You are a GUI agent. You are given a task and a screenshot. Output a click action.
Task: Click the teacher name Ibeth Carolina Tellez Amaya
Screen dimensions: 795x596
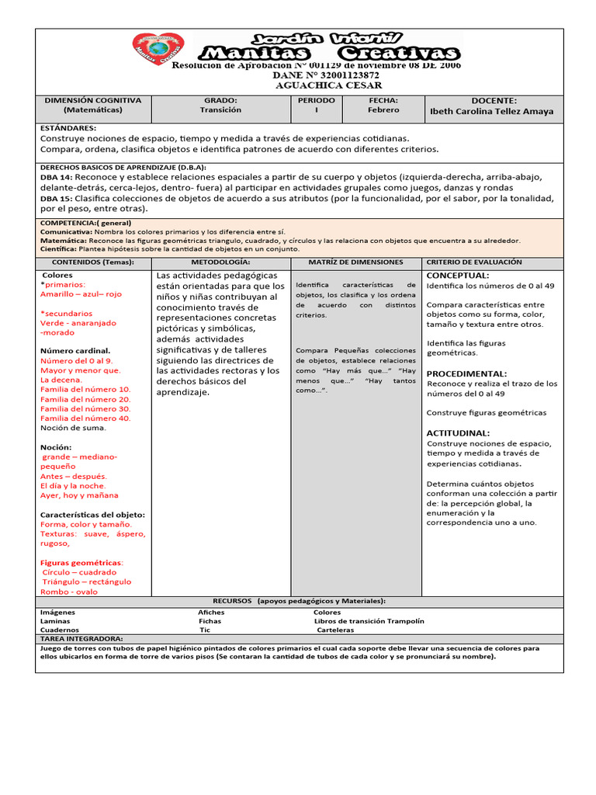tap(492, 111)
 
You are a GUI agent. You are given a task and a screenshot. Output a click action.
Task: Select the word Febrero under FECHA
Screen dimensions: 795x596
tap(383, 110)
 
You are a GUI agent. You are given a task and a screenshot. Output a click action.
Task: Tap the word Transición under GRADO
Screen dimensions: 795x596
tap(220, 110)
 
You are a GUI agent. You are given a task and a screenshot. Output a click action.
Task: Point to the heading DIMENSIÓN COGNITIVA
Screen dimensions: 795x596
tap(92, 100)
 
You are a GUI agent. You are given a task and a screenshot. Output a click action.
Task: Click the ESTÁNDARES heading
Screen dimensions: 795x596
tap(68, 127)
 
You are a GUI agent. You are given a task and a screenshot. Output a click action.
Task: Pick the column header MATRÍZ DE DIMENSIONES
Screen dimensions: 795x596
tap(355, 262)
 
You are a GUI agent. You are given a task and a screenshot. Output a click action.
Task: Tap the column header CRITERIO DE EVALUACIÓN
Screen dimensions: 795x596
tap(474, 262)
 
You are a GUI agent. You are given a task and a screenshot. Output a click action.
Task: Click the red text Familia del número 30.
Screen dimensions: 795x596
tap(85, 408)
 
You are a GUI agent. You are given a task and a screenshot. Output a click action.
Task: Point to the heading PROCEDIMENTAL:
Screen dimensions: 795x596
tap(466, 373)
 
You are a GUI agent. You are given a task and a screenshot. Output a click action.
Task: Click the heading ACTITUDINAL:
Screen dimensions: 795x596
tap(458, 432)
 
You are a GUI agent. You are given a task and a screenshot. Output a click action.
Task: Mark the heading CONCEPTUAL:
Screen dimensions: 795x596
tap(458, 275)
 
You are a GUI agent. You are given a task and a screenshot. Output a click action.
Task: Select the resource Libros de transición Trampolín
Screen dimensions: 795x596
tap(369, 621)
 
